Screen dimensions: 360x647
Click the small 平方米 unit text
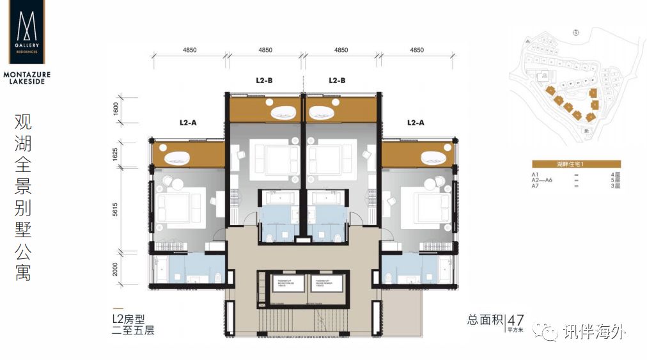coord(516,330)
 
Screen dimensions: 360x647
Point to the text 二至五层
coord(133,331)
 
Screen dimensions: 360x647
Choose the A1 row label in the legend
coord(535,175)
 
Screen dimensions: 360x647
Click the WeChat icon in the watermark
coord(549,331)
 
